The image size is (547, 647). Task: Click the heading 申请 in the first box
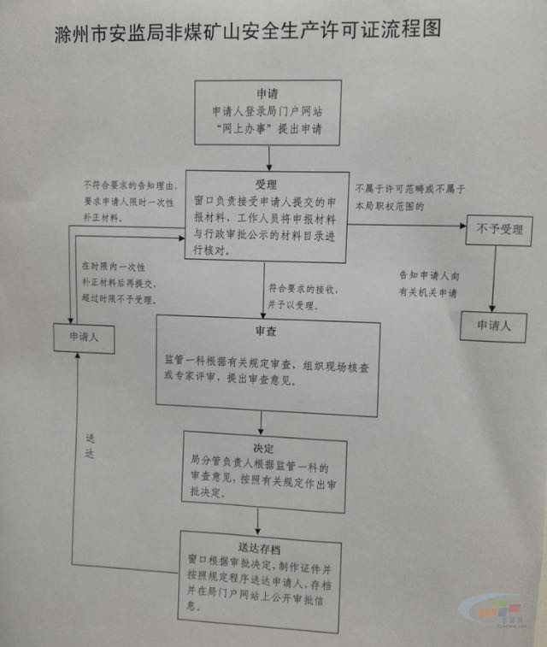(267, 93)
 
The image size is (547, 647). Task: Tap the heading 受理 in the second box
(266, 185)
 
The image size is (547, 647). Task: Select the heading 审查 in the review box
(264, 331)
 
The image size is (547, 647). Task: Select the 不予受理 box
(498, 230)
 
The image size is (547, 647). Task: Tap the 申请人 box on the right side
(493, 326)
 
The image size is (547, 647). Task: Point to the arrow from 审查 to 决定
(262, 422)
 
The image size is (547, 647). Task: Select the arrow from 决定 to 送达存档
(257, 518)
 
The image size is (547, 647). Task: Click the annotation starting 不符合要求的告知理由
(127, 201)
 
